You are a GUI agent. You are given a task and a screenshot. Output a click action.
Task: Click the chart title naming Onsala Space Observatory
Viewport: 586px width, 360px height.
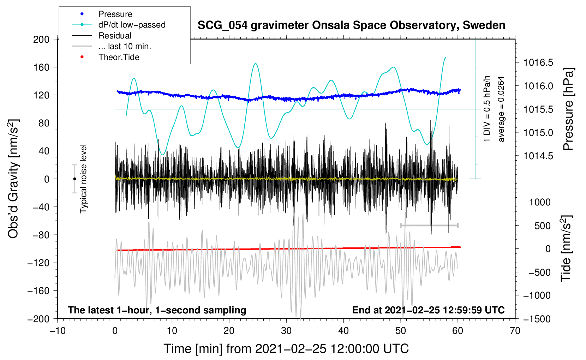(x=351, y=25)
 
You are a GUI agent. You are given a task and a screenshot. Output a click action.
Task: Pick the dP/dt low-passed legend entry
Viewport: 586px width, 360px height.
(x=132, y=25)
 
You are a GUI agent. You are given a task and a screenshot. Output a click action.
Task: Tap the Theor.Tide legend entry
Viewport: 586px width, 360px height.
(x=119, y=57)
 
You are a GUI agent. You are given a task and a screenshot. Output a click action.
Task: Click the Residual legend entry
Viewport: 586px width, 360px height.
(x=115, y=36)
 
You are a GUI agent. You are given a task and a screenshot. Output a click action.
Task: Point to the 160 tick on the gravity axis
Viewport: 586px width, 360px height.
(x=41, y=67)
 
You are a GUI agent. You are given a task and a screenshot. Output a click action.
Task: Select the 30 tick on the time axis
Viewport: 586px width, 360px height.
(x=286, y=331)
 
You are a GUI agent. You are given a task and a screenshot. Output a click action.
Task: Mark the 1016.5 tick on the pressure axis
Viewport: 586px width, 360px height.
(x=538, y=63)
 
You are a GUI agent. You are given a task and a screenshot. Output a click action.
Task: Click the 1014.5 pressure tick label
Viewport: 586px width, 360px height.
(x=538, y=156)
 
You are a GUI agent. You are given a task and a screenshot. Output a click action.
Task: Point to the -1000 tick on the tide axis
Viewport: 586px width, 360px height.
(x=537, y=295)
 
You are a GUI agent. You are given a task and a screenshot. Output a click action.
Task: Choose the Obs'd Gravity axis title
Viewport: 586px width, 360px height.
(x=13, y=179)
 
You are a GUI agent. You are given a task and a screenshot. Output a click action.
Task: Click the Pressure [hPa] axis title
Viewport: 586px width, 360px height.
(x=568, y=109)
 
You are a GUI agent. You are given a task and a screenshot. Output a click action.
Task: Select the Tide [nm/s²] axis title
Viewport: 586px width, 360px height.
(x=566, y=249)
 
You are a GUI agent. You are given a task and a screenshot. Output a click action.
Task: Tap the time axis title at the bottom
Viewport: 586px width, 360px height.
(x=286, y=349)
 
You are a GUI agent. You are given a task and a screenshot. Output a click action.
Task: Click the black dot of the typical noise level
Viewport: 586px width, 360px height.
(x=74, y=179)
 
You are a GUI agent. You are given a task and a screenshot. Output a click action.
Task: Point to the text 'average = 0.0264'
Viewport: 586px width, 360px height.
(x=501, y=109)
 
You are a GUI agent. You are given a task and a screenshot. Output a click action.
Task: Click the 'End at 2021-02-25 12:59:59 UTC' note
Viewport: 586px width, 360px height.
(x=428, y=310)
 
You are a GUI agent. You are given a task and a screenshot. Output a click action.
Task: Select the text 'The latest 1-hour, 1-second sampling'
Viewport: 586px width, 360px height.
(x=157, y=310)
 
